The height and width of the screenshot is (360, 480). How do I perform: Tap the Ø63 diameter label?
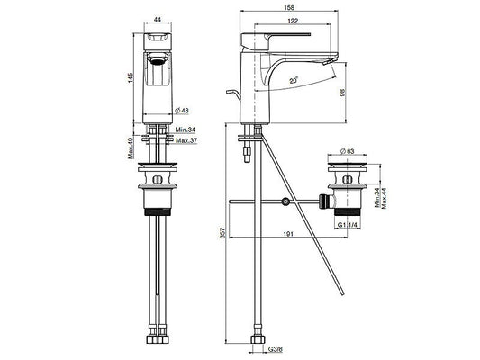tap(349, 153)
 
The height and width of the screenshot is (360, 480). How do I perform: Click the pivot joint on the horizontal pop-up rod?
tap(285, 204)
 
